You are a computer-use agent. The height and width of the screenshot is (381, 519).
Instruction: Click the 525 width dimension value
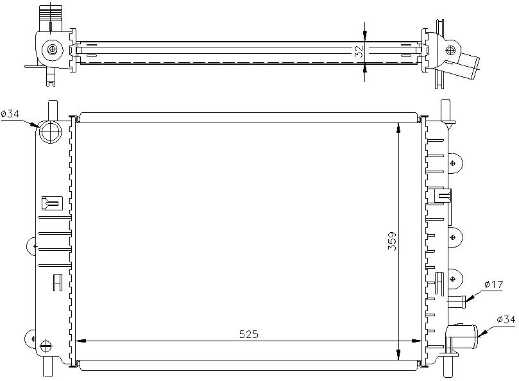point(248,334)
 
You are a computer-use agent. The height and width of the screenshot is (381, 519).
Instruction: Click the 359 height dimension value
point(392,241)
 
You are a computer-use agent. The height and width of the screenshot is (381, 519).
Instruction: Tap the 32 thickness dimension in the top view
point(359,52)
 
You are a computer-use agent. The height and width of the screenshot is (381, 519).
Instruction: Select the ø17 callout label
point(493,284)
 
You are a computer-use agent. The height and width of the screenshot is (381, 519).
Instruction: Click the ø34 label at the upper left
point(10,114)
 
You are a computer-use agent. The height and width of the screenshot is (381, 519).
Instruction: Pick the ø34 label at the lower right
point(506,319)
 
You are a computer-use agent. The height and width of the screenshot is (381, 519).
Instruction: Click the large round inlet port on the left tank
point(51,131)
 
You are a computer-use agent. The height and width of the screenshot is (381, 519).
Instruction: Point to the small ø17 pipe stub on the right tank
point(457,301)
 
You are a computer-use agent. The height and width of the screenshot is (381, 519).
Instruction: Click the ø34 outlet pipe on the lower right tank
point(463,335)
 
